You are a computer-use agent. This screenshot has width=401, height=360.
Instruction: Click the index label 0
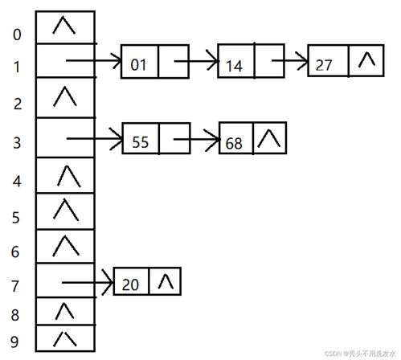[x=17, y=35]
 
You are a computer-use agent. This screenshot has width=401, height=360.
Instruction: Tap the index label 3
[x=17, y=143]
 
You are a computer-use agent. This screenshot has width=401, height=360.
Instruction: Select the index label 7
[x=15, y=286]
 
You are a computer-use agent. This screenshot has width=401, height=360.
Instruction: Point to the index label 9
[x=14, y=342]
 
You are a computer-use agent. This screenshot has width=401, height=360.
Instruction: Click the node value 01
[x=138, y=65]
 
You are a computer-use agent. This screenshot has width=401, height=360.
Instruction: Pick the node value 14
[x=234, y=66]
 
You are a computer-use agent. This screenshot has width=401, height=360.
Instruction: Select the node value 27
[x=324, y=65]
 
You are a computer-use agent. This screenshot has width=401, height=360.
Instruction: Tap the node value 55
[x=140, y=142]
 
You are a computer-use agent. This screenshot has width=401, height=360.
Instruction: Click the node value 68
[x=234, y=143]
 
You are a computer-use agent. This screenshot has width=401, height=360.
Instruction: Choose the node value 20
[x=130, y=284]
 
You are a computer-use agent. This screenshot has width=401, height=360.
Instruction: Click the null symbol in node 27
[x=366, y=59]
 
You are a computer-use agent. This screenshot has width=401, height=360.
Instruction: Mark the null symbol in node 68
[x=269, y=138]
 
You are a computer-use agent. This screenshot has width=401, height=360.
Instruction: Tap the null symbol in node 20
[x=166, y=281]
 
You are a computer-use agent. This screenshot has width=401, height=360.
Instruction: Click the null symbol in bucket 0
[x=63, y=25]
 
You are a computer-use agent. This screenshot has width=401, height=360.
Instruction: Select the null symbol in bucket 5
[x=66, y=210]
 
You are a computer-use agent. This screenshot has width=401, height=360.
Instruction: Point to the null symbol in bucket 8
[x=64, y=311]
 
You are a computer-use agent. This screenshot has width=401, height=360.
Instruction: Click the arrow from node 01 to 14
[x=196, y=61]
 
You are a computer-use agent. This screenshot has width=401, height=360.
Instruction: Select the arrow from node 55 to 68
[x=196, y=139]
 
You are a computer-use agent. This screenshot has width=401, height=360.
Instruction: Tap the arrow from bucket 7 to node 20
[x=87, y=282]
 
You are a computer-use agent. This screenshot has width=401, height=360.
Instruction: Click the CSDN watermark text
[x=360, y=354]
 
